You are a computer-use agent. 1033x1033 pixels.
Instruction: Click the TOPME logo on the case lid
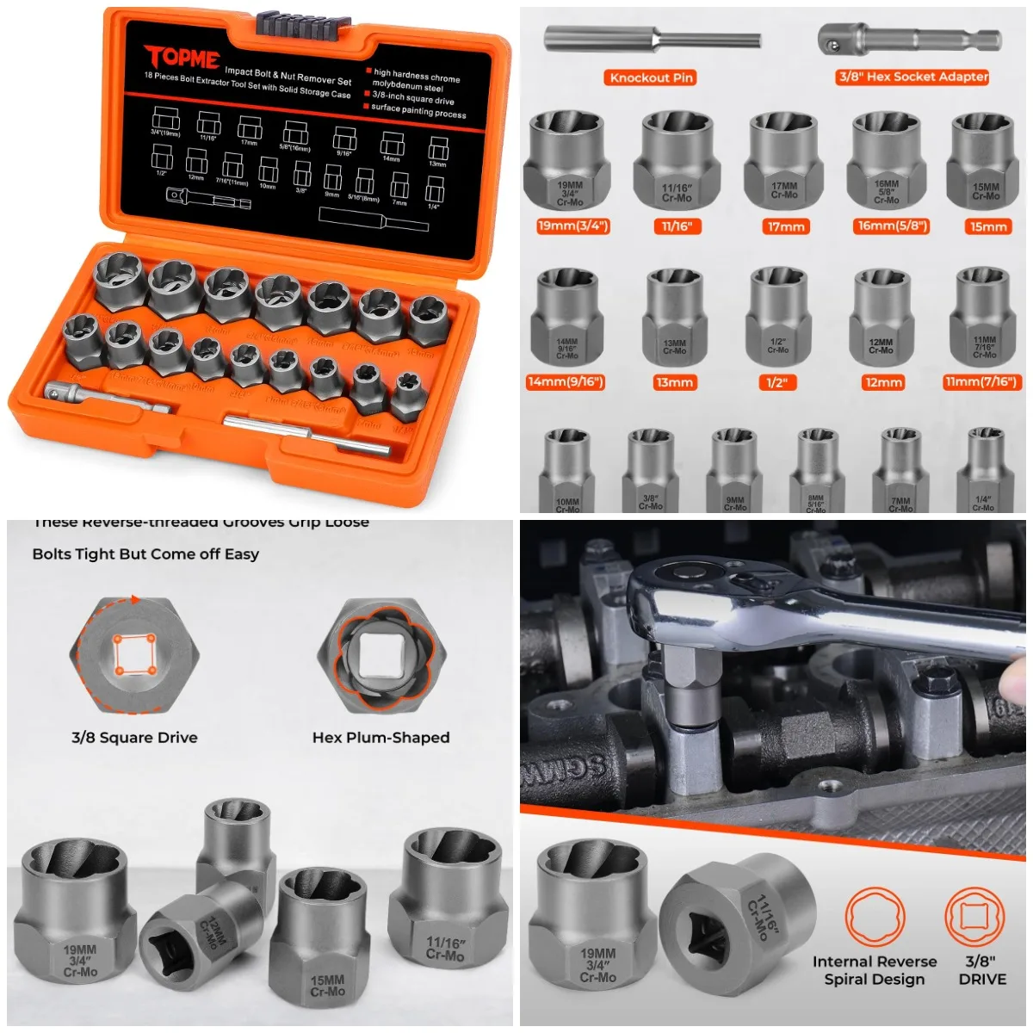[x=182, y=58]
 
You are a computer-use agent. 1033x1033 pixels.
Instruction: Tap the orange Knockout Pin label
[x=651, y=77]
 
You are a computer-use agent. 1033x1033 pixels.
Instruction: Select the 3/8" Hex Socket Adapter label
[x=912, y=77]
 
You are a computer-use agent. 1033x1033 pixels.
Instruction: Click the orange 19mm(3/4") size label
[x=572, y=226]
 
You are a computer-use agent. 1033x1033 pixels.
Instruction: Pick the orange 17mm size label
[x=785, y=226]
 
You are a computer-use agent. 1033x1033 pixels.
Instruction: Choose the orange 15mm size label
[x=987, y=226]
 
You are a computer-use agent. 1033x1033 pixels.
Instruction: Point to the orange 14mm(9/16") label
[x=566, y=381]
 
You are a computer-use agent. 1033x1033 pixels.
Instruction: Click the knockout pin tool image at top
[x=652, y=40]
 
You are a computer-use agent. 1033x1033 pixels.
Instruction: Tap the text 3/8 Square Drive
[x=134, y=738]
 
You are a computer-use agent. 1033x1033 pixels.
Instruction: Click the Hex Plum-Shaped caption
[x=380, y=738]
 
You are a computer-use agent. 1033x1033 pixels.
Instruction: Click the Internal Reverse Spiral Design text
[x=874, y=970]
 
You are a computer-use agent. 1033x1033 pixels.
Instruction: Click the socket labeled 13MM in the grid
[x=675, y=319]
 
